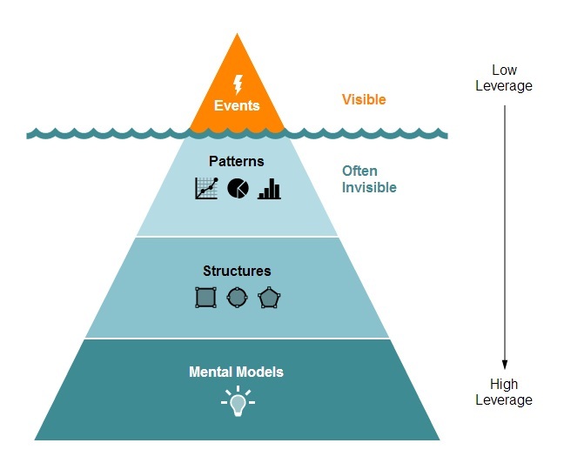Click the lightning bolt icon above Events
click(238, 84)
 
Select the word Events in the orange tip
click(237, 105)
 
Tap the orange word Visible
click(363, 99)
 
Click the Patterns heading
click(236, 161)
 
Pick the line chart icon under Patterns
click(206, 188)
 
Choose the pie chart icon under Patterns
click(238, 188)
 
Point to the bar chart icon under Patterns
click(269, 188)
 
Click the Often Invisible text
click(368, 179)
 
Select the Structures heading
click(237, 271)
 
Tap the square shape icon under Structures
click(205, 298)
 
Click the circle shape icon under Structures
click(237, 298)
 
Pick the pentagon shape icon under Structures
click(269, 298)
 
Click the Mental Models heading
click(236, 372)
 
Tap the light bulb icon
click(237, 402)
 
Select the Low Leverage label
click(504, 77)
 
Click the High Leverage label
click(504, 392)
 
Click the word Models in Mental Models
click(263, 372)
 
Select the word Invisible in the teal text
click(368, 187)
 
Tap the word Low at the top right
click(504, 70)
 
